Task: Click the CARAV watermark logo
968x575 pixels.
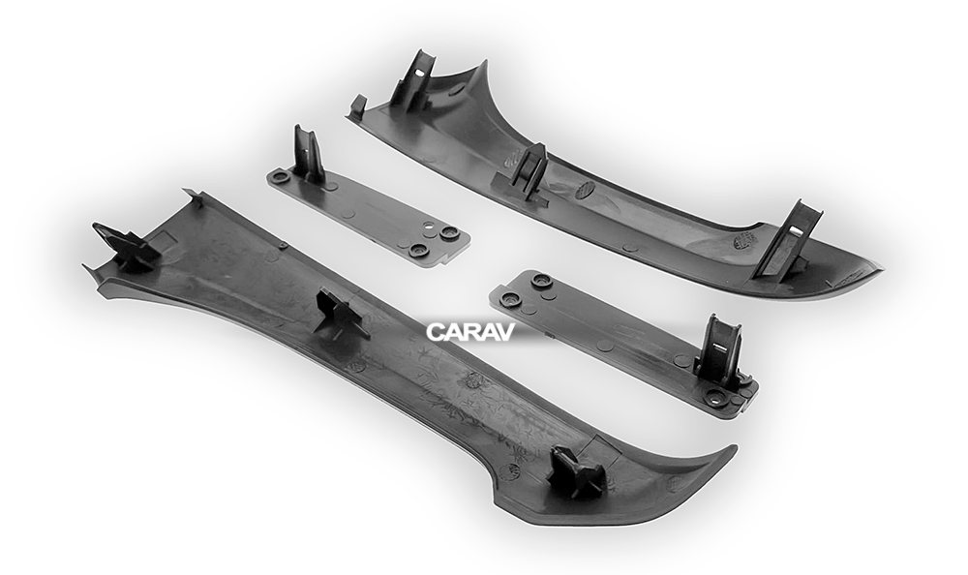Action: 469,332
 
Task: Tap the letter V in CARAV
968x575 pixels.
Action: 504,332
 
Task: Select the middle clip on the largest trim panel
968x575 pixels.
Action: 340,313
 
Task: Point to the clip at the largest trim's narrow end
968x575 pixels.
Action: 126,247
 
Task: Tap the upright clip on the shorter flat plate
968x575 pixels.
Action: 308,155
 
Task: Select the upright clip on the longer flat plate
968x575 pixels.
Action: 718,352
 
